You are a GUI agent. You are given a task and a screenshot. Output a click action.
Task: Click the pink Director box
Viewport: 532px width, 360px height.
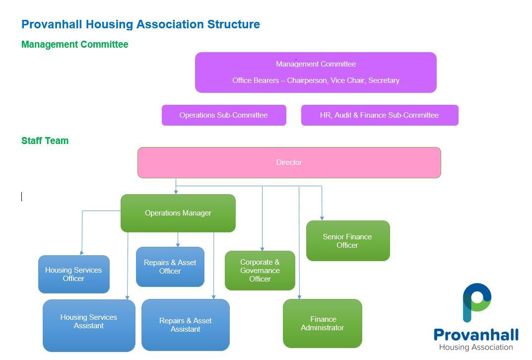[289, 162]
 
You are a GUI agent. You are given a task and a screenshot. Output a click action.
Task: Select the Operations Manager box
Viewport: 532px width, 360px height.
[178, 213]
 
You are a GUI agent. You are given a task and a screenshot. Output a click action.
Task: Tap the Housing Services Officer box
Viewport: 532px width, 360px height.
[74, 274]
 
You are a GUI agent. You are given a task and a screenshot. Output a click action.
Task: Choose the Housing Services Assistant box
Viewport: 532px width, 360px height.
[89, 325]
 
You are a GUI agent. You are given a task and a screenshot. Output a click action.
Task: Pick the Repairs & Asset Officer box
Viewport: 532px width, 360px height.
[170, 267]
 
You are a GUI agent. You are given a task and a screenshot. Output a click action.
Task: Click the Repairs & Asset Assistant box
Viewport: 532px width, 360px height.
[186, 325]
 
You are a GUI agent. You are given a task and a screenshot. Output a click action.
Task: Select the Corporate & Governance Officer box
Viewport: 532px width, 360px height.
[260, 270]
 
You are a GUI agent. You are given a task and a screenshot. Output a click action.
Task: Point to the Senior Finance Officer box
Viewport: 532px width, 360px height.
[348, 241]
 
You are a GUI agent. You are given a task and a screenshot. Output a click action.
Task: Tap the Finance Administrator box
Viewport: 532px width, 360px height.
[322, 323]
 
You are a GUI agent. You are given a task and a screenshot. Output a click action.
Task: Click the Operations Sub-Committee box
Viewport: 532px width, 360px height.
[224, 115]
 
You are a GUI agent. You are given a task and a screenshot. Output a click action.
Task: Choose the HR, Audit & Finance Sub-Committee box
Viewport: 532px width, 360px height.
[380, 115]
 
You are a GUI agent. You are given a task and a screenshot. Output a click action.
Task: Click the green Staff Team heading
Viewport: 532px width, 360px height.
[45, 141]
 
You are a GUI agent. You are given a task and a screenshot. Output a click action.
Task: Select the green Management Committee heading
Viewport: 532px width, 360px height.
[74, 45]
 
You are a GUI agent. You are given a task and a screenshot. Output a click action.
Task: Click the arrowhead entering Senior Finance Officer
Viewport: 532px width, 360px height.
[322, 218]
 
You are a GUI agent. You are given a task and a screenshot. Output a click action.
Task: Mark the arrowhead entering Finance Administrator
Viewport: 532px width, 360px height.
[299, 297]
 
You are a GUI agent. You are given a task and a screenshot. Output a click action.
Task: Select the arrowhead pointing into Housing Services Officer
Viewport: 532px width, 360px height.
[81, 253]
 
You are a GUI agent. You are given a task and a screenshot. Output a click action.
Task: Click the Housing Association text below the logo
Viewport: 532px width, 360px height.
[476, 347]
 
